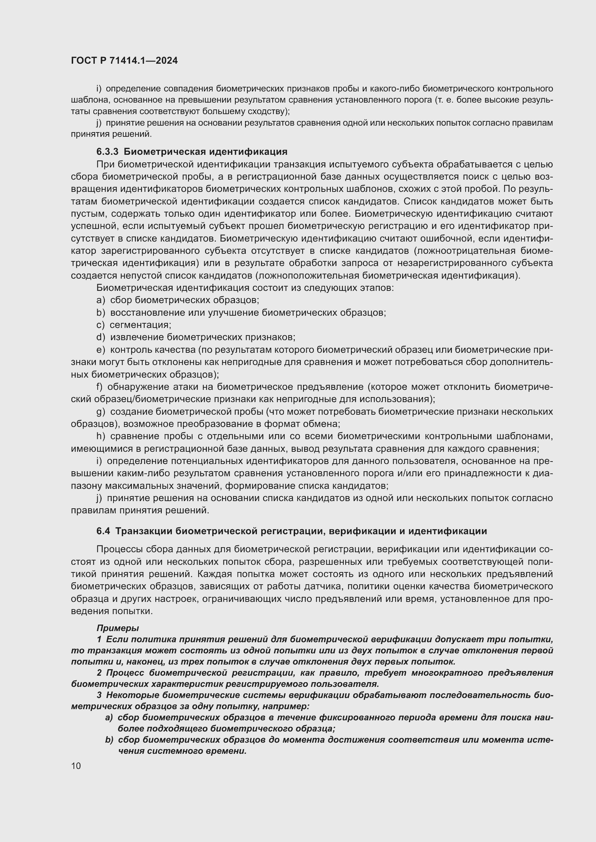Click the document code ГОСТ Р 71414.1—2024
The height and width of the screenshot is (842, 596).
[124, 61]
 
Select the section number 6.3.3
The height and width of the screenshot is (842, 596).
[107, 152]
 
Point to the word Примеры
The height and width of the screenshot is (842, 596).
[117, 628]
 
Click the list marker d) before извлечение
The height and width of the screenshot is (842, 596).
[101, 337]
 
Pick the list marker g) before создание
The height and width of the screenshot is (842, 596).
[101, 412]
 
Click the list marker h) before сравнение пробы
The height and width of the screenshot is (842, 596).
[101, 436]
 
